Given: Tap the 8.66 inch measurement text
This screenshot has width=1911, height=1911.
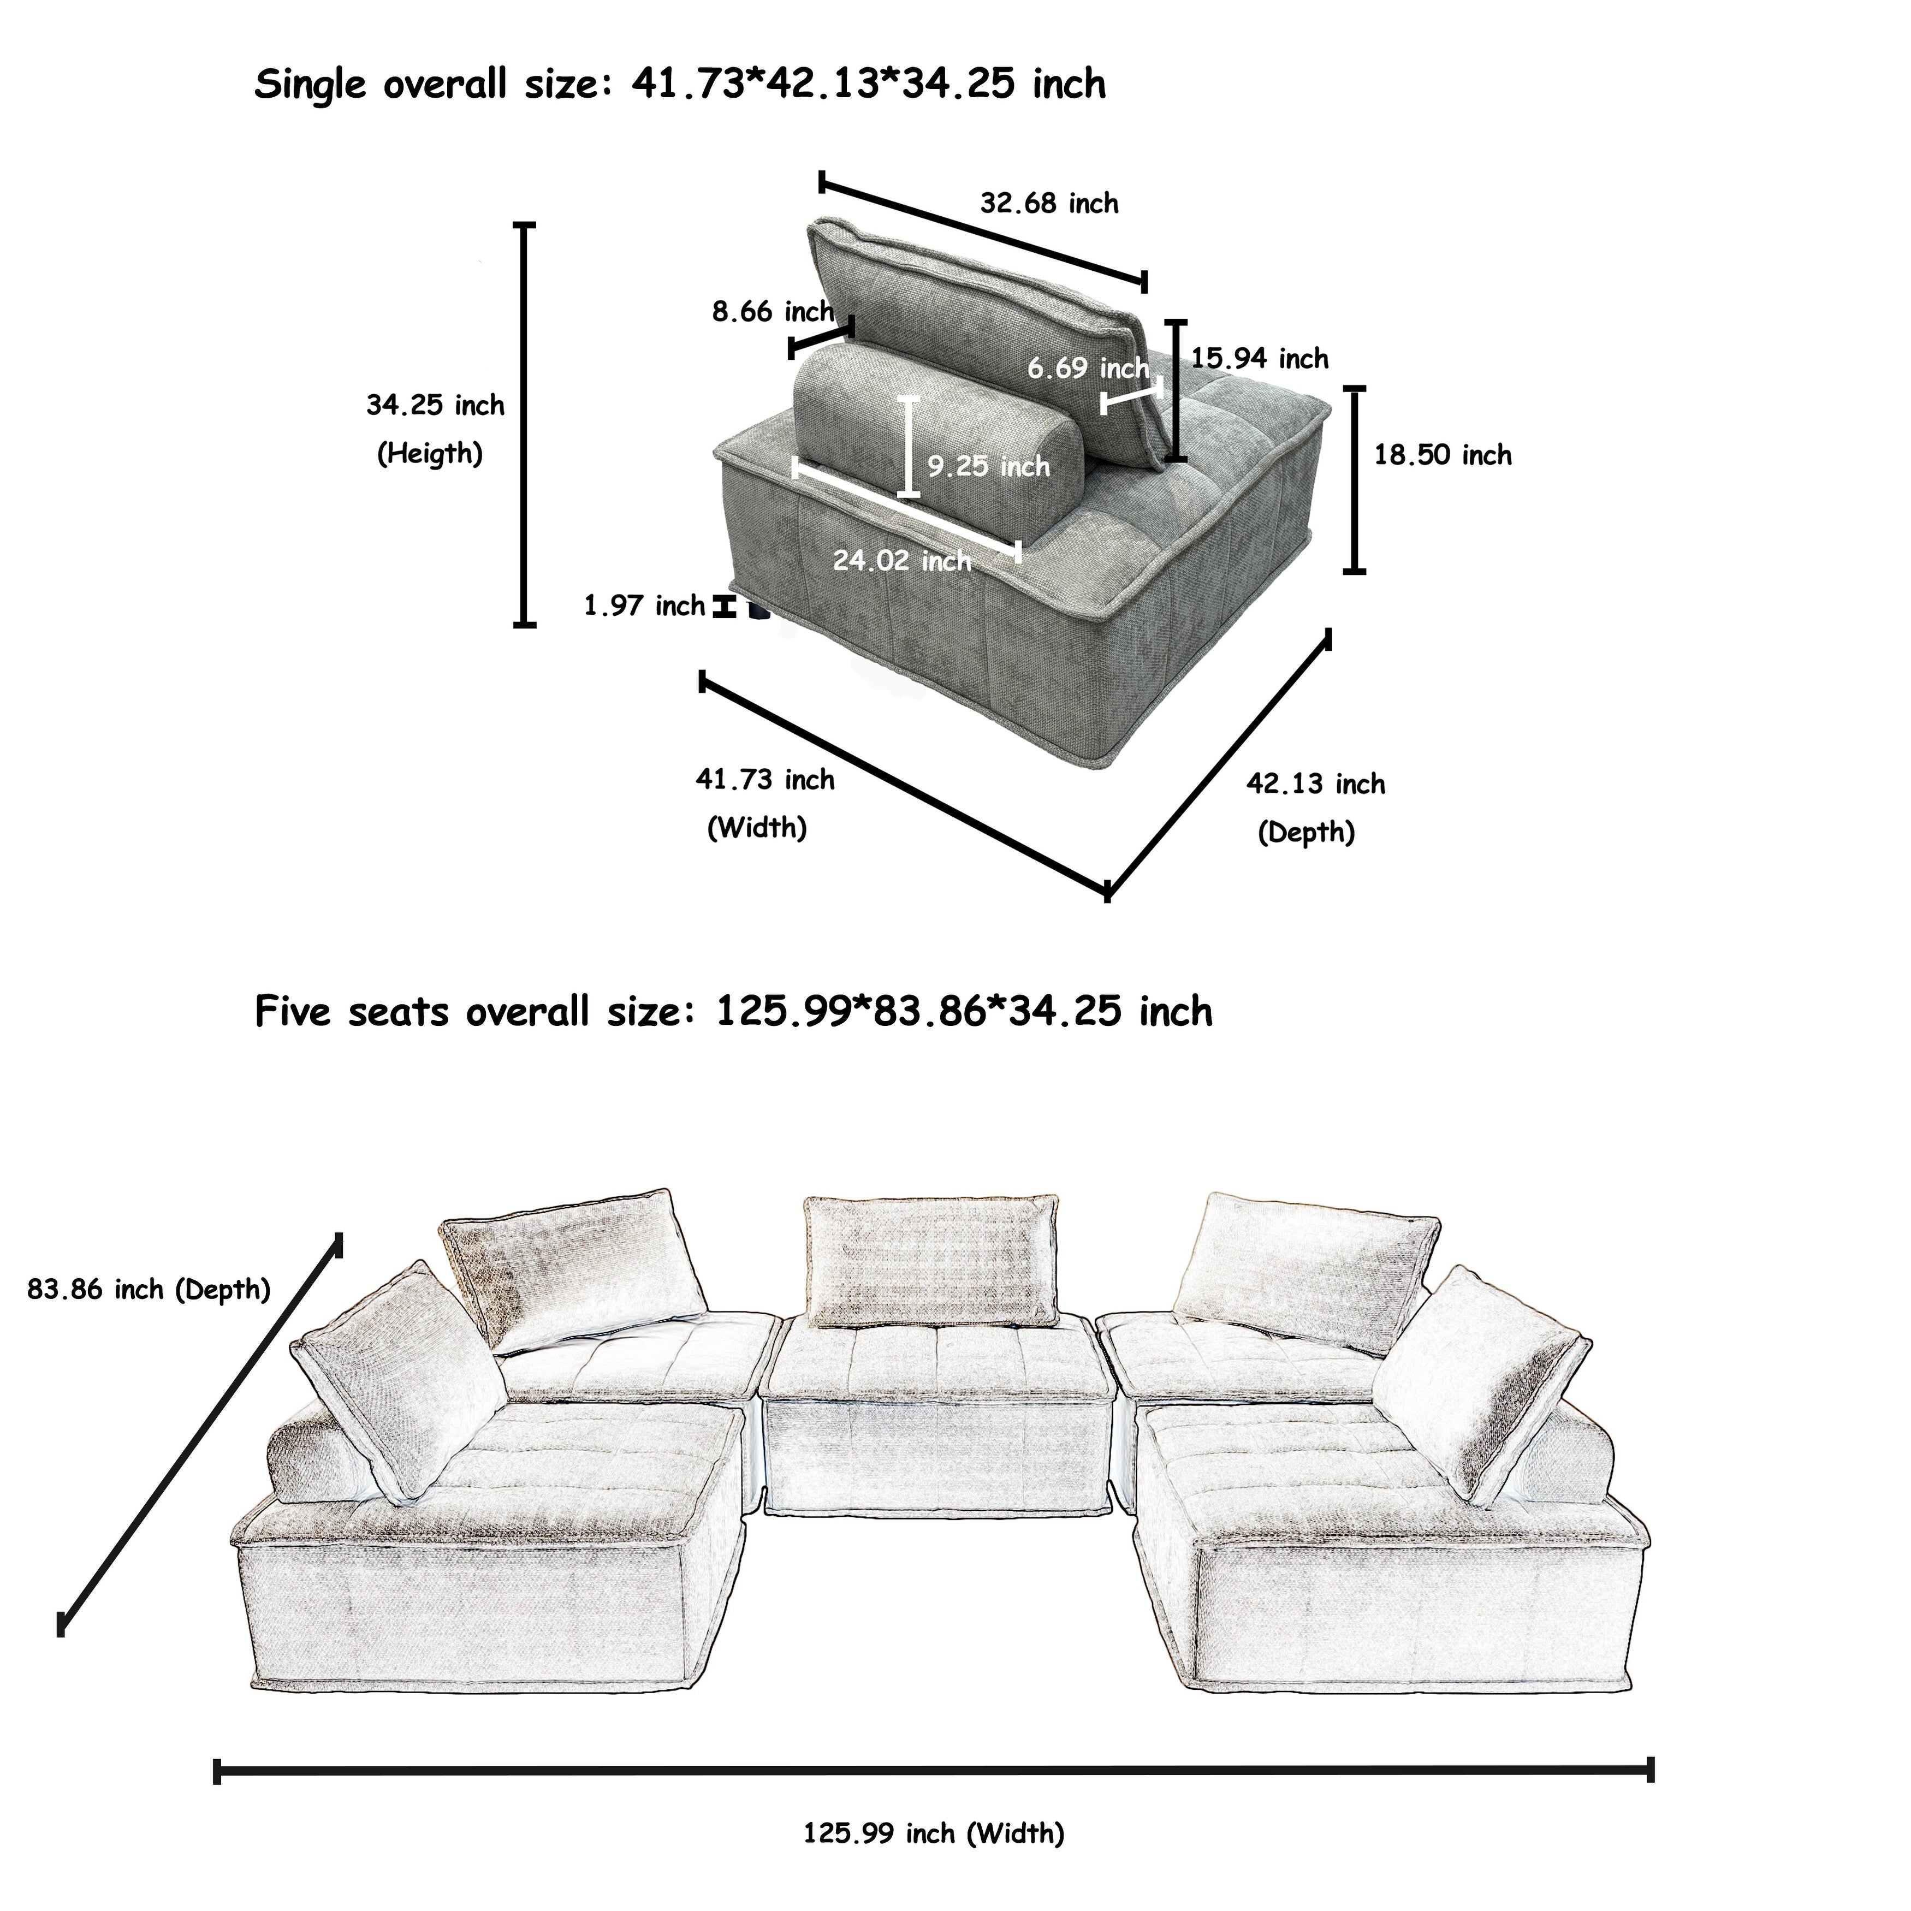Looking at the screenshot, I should pyautogui.click(x=773, y=312).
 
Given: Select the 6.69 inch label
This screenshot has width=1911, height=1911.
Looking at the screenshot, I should pyautogui.click(x=1087, y=368).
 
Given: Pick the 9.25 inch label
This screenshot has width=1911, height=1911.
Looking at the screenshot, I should pyautogui.click(x=988, y=466).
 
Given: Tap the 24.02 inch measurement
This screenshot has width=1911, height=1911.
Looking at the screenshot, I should pyautogui.click(x=901, y=561).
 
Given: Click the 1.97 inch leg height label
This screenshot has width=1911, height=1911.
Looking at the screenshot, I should pyautogui.click(x=644, y=606).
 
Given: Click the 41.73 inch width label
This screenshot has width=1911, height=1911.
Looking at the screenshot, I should pyautogui.click(x=764, y=780).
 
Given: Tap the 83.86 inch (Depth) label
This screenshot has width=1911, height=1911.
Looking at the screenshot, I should pyautogui.click(x=149, y=1289).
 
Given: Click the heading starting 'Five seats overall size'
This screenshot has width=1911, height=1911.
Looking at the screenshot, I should pyautogui.click(x=733, y=1012).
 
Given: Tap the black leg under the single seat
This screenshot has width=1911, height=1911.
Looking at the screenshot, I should pyautogui.click(x=758, y=610).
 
